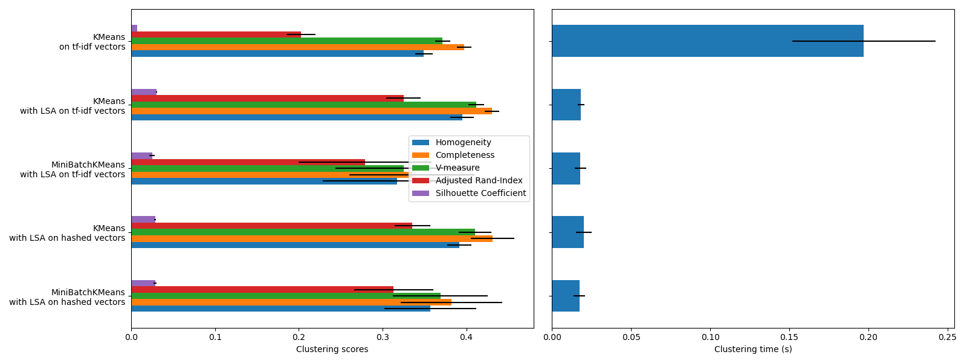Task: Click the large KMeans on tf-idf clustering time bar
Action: pyautogui.click(x=707, y=41)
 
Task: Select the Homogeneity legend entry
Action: pyautogui.click(x=463, y=143)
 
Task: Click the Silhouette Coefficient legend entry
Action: pyautogui.click(x=480, y=194)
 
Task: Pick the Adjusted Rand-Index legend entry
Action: pyautogui.click(x=479, y=181)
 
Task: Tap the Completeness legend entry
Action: pyautogui.click(x=465, y=155)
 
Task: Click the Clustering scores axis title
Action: pyautogui.click(x=332, y=350)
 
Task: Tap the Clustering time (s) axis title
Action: pyautogui.click(x=752, y=350)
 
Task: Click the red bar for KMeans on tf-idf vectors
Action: pyautogui.click(x=216, y=34)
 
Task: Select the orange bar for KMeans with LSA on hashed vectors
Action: pyautogui.click(x=311, y=238)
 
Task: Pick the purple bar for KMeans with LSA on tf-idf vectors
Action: pyautogui.click(x=144, y=92)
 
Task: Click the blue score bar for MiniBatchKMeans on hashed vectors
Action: pyautogui.click(x=280, y=309)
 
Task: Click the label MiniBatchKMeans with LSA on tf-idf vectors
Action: pyautogui.click(x=73, y=169)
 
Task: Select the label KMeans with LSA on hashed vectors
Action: pyautogui.click(x=67, y=233)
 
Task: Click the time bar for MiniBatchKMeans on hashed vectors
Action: pyautogui.click(x=565, y=296)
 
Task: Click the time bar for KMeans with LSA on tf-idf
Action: pyautogui.click(x=566, y=105)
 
